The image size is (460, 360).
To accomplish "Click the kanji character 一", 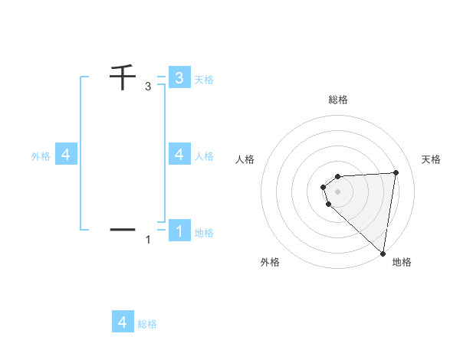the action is (122, 229).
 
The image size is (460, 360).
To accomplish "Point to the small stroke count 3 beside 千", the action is (148, 87).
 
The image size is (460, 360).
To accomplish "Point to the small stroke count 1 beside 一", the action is (148, 240).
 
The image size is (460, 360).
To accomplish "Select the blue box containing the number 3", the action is (179, 77).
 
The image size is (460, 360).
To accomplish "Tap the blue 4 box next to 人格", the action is (179, 154).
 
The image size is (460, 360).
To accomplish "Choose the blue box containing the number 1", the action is (179, 230).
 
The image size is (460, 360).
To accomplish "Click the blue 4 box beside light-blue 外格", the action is (66, 154).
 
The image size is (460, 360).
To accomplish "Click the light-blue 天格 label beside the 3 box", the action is (204, 79).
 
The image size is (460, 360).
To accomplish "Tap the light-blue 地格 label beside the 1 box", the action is (204, 232).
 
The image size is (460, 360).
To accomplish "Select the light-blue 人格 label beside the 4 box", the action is (204, 155).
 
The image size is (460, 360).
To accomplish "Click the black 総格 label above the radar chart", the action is (338, 100).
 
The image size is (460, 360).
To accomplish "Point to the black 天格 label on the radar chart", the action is (431, 159).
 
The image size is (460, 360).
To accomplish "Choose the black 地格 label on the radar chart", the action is (402, 262).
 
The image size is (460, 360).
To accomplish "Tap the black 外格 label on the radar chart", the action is (270, 262).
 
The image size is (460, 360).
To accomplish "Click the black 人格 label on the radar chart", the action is (245, 159).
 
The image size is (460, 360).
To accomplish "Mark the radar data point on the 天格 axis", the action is (396, 172).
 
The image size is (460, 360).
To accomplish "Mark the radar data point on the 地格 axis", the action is (383, 253).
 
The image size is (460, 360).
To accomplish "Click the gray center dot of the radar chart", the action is (338, 191).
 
